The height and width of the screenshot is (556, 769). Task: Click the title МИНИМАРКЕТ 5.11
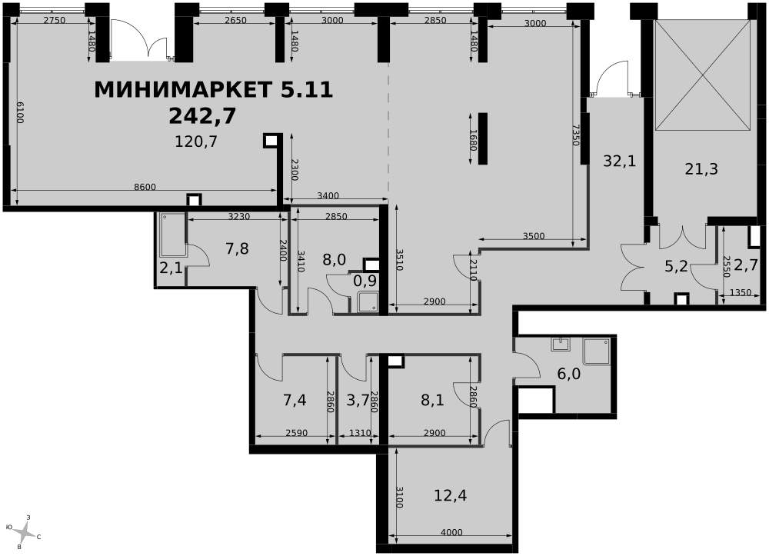213,90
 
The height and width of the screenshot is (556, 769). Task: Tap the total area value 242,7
202,116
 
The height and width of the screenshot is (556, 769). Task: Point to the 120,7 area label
196,141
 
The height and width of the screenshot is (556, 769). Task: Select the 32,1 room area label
619,160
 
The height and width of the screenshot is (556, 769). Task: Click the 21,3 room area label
701,169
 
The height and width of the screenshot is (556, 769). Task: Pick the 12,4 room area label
450,495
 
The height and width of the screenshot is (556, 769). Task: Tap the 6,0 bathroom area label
569,374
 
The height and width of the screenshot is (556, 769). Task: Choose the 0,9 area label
365,281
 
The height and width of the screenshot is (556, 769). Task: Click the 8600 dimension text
145,187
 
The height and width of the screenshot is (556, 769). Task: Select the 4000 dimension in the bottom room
451,532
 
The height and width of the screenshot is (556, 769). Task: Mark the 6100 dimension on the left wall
21,112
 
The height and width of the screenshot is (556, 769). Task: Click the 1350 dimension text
741,293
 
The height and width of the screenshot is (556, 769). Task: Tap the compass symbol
24,531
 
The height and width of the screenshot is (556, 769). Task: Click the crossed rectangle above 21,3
703,75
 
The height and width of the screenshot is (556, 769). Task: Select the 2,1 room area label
171,268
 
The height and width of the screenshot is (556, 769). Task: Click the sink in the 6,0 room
560,344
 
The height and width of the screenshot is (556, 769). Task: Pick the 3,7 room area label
358,400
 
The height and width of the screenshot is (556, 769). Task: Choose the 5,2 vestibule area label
676,268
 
